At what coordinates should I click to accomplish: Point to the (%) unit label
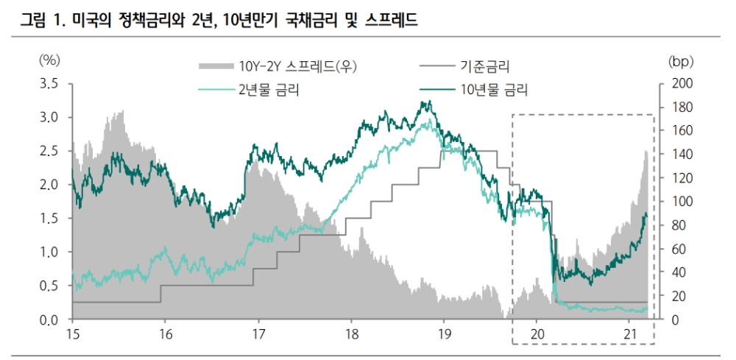click(49, 59)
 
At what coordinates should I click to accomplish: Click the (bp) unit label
click(681, 59)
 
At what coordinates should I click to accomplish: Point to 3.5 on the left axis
click(49, 83)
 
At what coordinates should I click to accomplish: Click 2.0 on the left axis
click(49, 185)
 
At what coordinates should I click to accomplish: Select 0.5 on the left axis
click(49, 286)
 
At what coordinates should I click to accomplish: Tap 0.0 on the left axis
click(49, 320)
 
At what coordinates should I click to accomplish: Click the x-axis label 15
click(72, 333)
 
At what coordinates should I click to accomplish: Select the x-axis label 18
click(351, 333)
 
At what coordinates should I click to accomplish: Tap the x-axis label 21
click(629, 333)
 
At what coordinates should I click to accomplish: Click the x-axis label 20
click(537, 333)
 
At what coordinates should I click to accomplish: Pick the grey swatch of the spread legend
click(216, 67)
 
